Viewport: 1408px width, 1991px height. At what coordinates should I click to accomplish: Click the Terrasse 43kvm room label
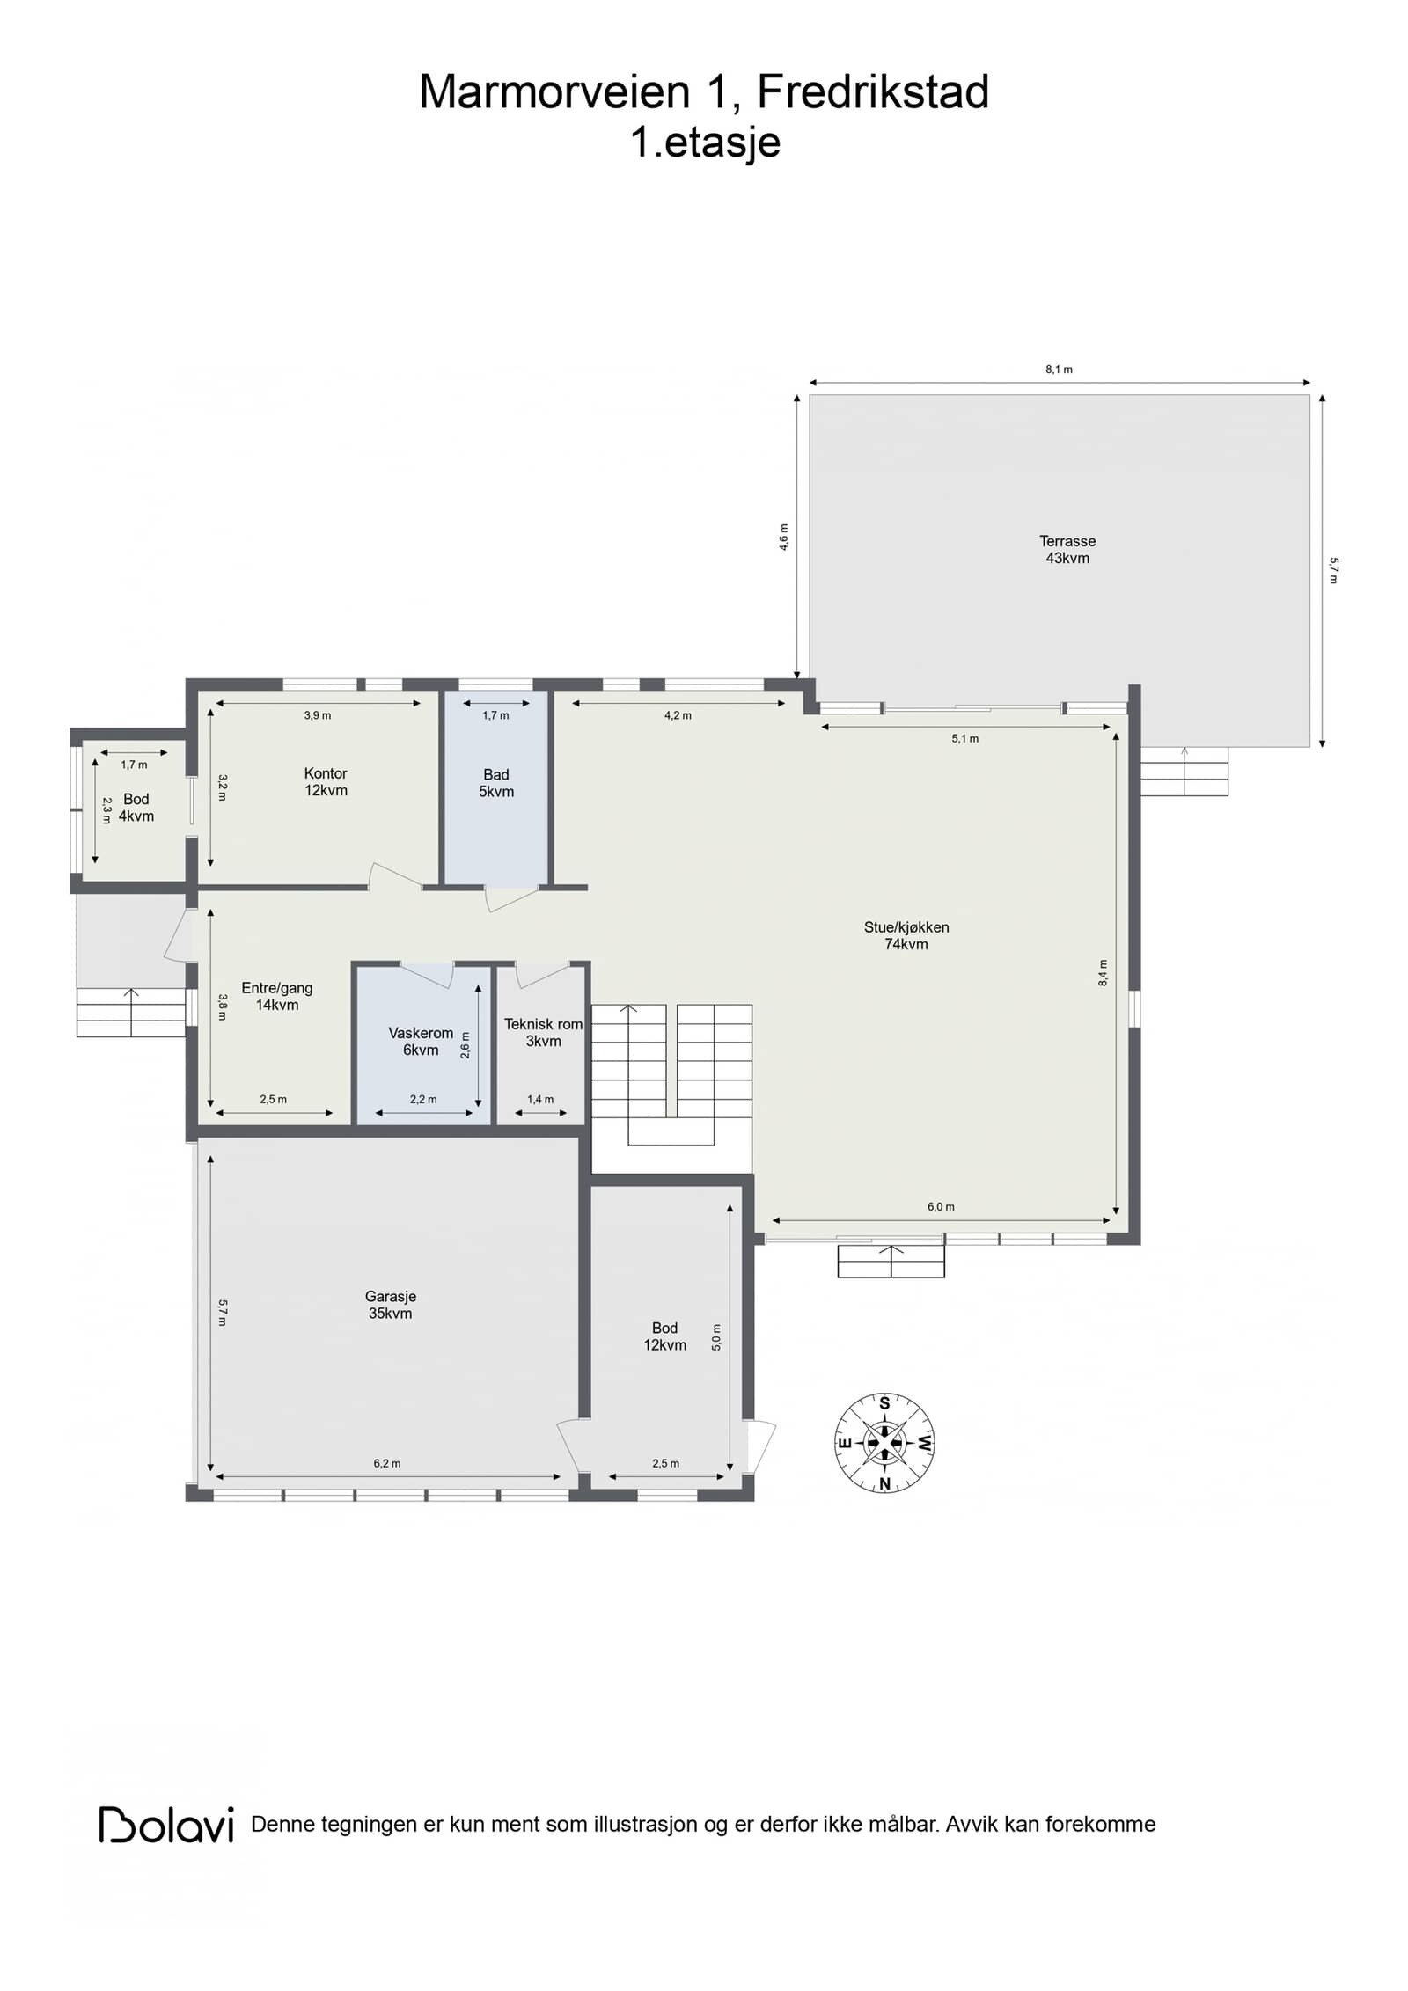point(1067,549)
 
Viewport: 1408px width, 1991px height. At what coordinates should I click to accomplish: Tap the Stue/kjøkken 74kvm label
point(906,935)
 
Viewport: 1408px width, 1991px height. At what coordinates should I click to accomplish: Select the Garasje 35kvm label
point(390,1305)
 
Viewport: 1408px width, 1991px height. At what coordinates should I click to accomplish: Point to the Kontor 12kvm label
point(326,781)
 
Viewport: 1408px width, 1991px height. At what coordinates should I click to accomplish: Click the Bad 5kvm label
point(496,783)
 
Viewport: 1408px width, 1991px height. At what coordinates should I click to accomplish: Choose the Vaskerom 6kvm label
point(421,1042)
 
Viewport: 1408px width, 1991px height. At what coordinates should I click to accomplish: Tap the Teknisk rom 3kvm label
point(543,1032)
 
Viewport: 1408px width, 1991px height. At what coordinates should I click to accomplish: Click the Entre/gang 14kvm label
point(277,996)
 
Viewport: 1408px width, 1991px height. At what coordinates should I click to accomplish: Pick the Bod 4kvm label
point(136,807)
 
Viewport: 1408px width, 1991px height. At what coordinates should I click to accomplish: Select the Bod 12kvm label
point(664,1336)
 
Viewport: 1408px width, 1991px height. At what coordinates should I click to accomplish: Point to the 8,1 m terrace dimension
point(1059,370)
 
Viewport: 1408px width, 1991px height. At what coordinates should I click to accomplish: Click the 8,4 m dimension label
point(1104,972)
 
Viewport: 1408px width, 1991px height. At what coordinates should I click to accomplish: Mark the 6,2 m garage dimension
point(387,1463)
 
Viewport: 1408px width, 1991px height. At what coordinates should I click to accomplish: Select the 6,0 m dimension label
point(941,1206)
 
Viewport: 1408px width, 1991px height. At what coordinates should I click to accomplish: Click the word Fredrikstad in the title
point(873,91)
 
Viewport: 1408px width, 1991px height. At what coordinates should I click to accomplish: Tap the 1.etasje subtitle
point(705,142)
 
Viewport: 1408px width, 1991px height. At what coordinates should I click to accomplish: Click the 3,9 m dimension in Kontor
point(318,715)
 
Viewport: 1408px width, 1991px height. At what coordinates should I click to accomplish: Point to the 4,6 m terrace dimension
point(784,537)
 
